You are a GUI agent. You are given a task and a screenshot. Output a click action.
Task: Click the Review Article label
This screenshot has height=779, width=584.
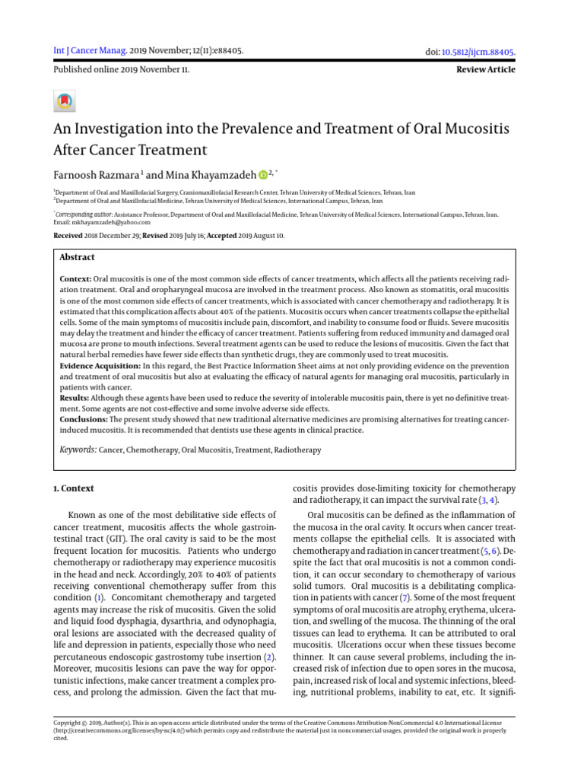(x=485, y=69)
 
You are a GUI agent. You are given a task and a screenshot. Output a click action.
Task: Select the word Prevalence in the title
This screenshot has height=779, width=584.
(x=271, y=129)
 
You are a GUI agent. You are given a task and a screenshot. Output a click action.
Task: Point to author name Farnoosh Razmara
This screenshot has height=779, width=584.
(x=95, y=174)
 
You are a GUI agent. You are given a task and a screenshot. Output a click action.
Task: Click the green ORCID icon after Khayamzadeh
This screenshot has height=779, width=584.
(x=263, y=175)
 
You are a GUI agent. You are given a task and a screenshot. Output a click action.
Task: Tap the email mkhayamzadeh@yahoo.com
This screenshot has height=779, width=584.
(x=107, y=222)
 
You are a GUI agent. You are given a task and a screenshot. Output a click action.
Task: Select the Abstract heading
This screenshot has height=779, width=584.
(x=77, y=258)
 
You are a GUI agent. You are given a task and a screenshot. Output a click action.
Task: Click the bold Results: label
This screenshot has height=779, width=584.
(x=75, y=397)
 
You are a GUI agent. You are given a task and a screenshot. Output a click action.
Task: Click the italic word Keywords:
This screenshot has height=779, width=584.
(x=78, y=450)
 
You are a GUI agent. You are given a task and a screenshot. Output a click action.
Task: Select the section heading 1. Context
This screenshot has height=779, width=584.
(x=74, y=488)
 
